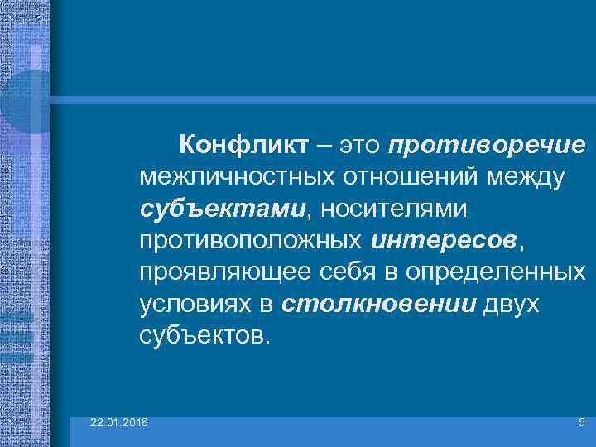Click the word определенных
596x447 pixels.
pos(508,273)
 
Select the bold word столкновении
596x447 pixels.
pos(378,305)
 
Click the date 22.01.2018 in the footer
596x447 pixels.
pos(119,423)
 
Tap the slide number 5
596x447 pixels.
pos(581,423)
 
